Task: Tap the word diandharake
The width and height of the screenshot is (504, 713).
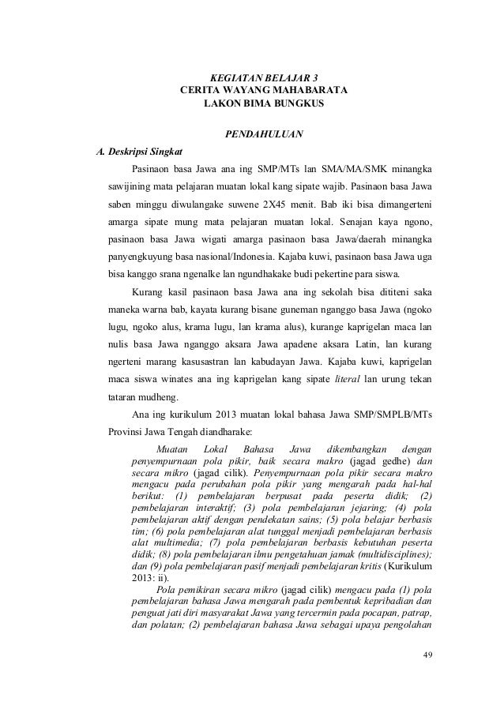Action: tap(219, 433)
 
